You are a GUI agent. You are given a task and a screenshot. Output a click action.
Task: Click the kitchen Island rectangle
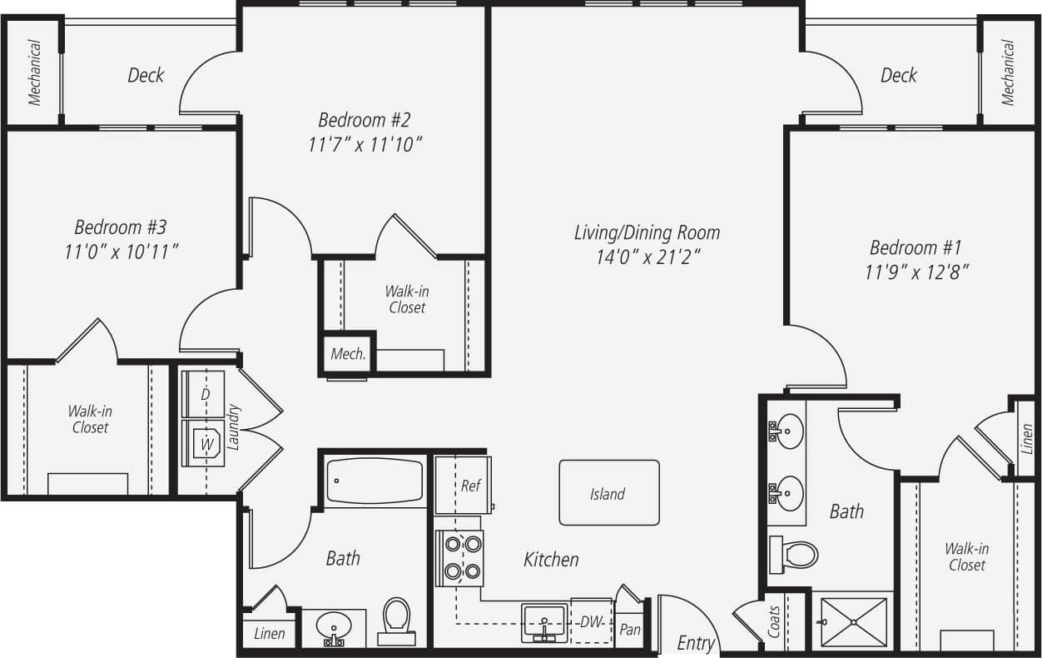point(608,493)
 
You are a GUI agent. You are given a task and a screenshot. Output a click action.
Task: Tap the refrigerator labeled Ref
point(463,485)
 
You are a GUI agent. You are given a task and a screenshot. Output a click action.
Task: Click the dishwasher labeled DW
point(591,622)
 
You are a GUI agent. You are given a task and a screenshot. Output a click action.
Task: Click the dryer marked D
point(203,394)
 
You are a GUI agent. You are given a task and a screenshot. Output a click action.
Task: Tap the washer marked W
point(203,443)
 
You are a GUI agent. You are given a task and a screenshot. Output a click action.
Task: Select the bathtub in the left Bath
point(375,481)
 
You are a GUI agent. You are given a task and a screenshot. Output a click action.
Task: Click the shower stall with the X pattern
point(849,623)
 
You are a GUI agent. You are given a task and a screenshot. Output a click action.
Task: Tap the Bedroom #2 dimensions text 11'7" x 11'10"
point(365,145)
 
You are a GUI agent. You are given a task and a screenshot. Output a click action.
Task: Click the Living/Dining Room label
point(647,232)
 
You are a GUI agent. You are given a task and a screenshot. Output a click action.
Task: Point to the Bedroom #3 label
point(121,227)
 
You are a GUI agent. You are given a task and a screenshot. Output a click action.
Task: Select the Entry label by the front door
point(696,643)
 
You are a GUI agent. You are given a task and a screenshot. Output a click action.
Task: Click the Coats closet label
point(774,621)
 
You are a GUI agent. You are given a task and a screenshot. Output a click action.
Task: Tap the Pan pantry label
point(630,629)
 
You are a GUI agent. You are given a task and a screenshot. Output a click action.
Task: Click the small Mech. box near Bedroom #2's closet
point(348,354)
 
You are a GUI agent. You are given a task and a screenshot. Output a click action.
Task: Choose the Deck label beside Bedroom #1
point(899,76)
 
